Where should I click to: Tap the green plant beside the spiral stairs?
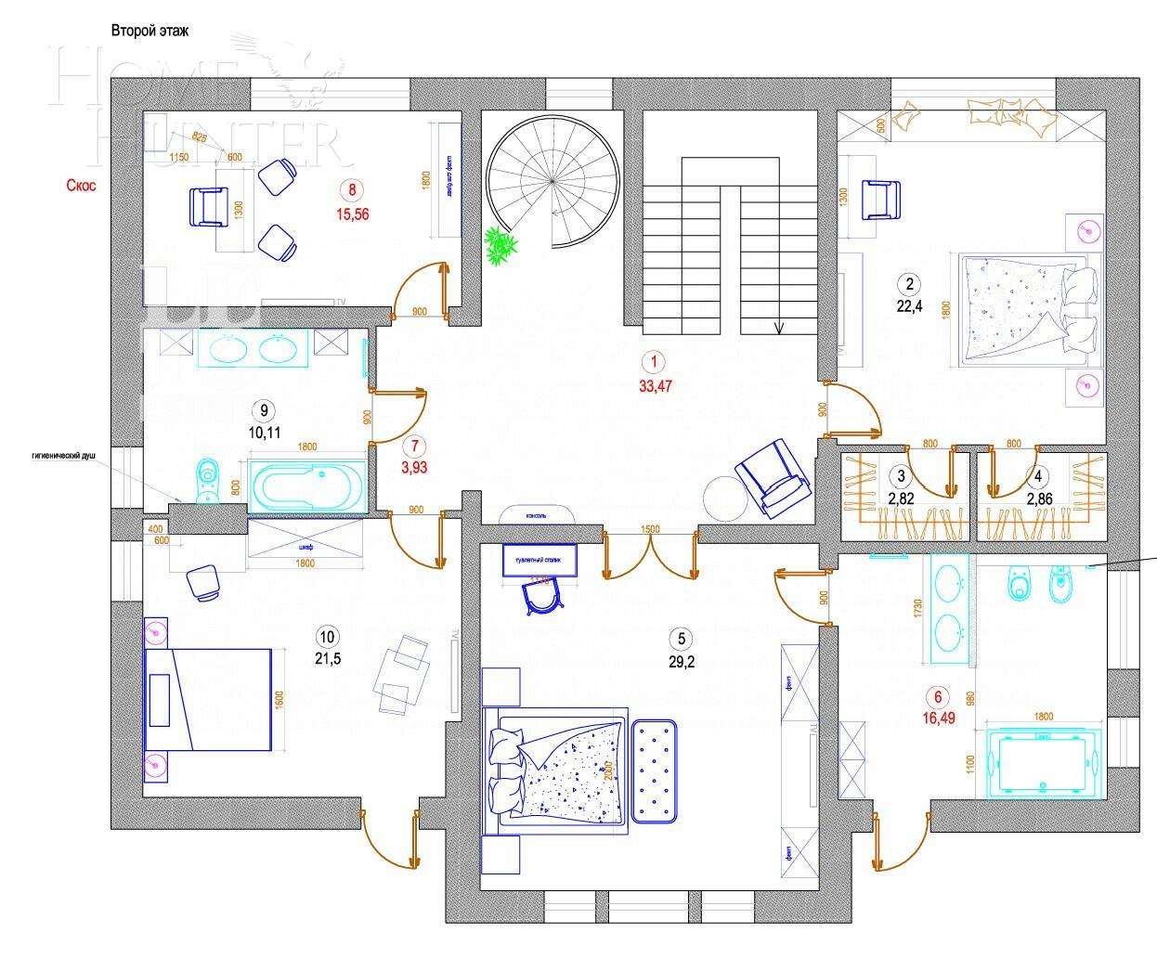501,248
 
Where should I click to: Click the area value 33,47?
655,387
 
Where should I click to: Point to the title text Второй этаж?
149,32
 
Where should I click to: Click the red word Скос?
81,186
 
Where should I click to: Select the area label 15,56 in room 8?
353,214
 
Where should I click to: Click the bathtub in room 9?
306,484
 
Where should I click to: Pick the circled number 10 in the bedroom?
327,637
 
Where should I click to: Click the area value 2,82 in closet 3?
901,498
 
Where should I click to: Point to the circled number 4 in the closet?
1039,476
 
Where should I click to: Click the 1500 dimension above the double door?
650,529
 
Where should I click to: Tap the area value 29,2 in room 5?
681,662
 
